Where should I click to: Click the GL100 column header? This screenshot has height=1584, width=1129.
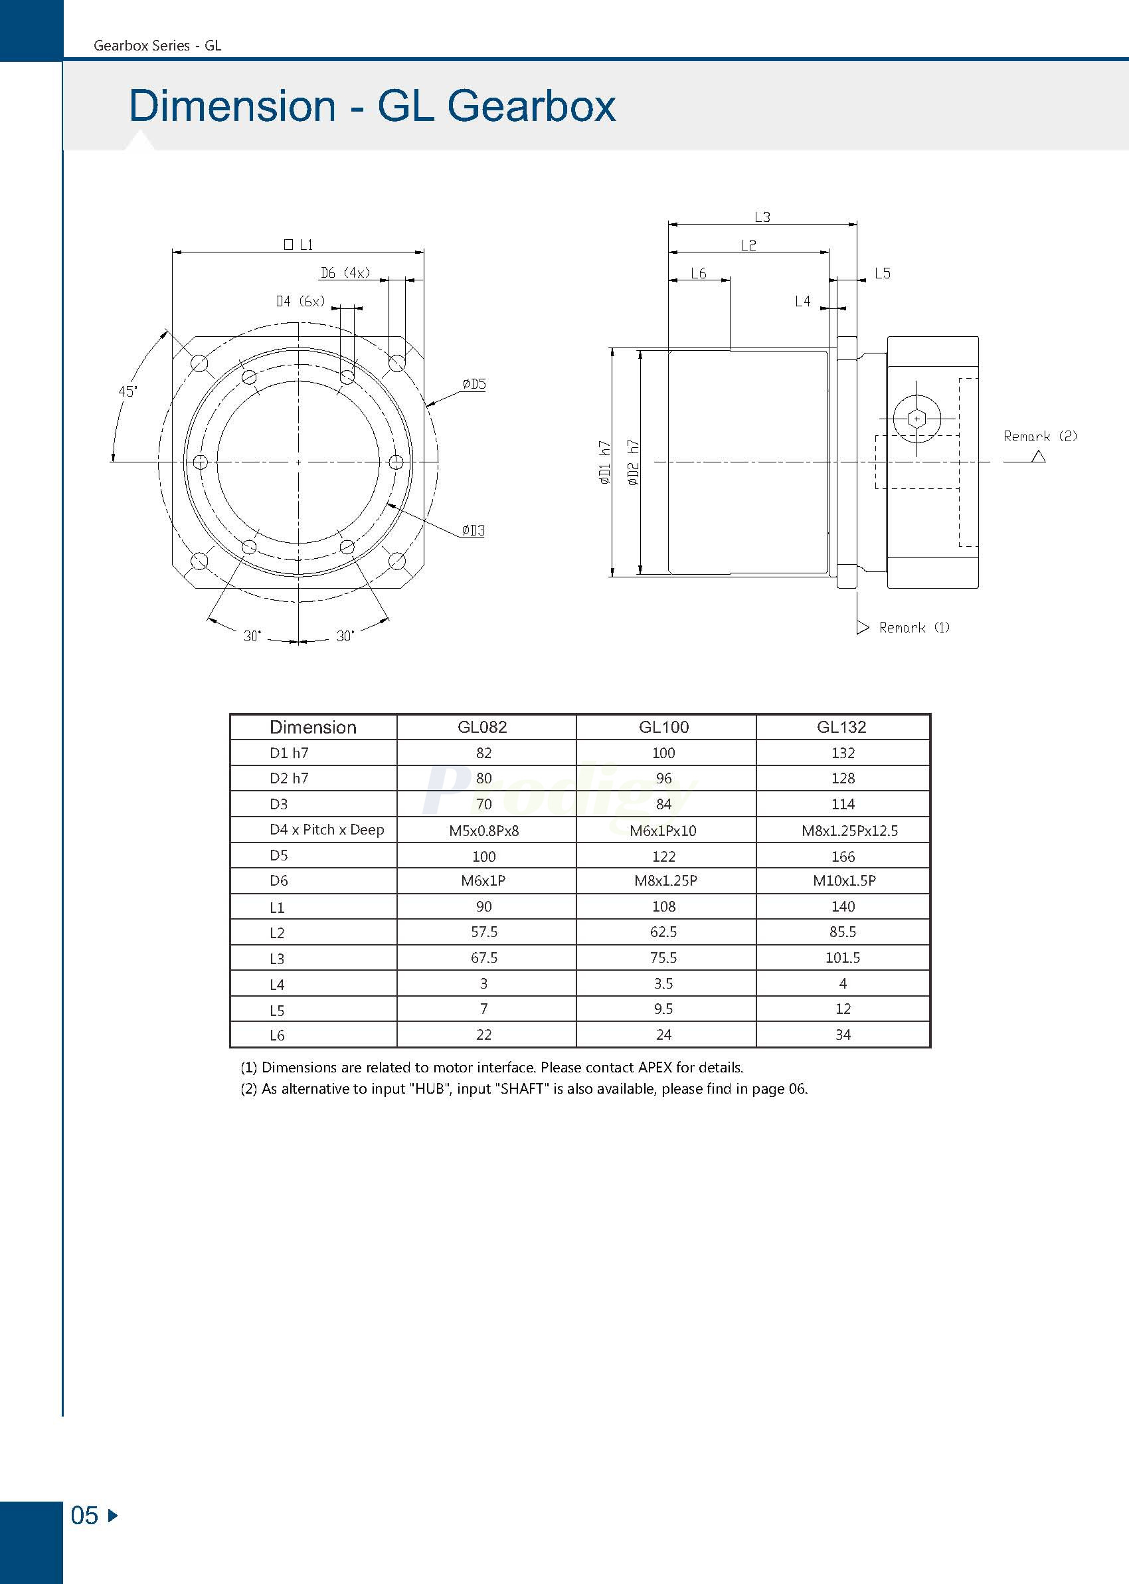[663, 727]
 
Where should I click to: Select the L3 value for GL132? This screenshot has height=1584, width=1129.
[842, 957]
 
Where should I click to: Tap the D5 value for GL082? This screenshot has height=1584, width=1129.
[483, 856]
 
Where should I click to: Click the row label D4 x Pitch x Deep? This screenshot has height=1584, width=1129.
[326, 830]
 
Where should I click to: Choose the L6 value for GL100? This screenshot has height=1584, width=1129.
[663, 1035]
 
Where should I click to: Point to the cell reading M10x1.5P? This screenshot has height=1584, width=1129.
[843, 880]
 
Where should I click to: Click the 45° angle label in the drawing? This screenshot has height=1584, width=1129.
[128, 391]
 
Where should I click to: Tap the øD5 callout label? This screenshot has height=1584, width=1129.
[474, 384]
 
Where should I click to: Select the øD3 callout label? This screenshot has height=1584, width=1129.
[473, 531]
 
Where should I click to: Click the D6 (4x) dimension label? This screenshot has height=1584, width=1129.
[345, 272]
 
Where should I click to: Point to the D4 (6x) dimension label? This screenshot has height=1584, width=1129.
[300, 301]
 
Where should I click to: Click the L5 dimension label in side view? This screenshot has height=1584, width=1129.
[881, 273]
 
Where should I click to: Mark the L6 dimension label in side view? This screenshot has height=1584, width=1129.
[698, 273]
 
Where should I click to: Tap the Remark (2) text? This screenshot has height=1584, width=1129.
[1039, 436]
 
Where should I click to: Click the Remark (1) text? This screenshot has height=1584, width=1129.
[913, 627]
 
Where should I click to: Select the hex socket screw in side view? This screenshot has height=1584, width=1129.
[916, 419]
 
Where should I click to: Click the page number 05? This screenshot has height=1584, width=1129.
[85, 1515]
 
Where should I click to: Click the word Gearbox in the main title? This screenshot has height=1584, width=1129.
[531, 106]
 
